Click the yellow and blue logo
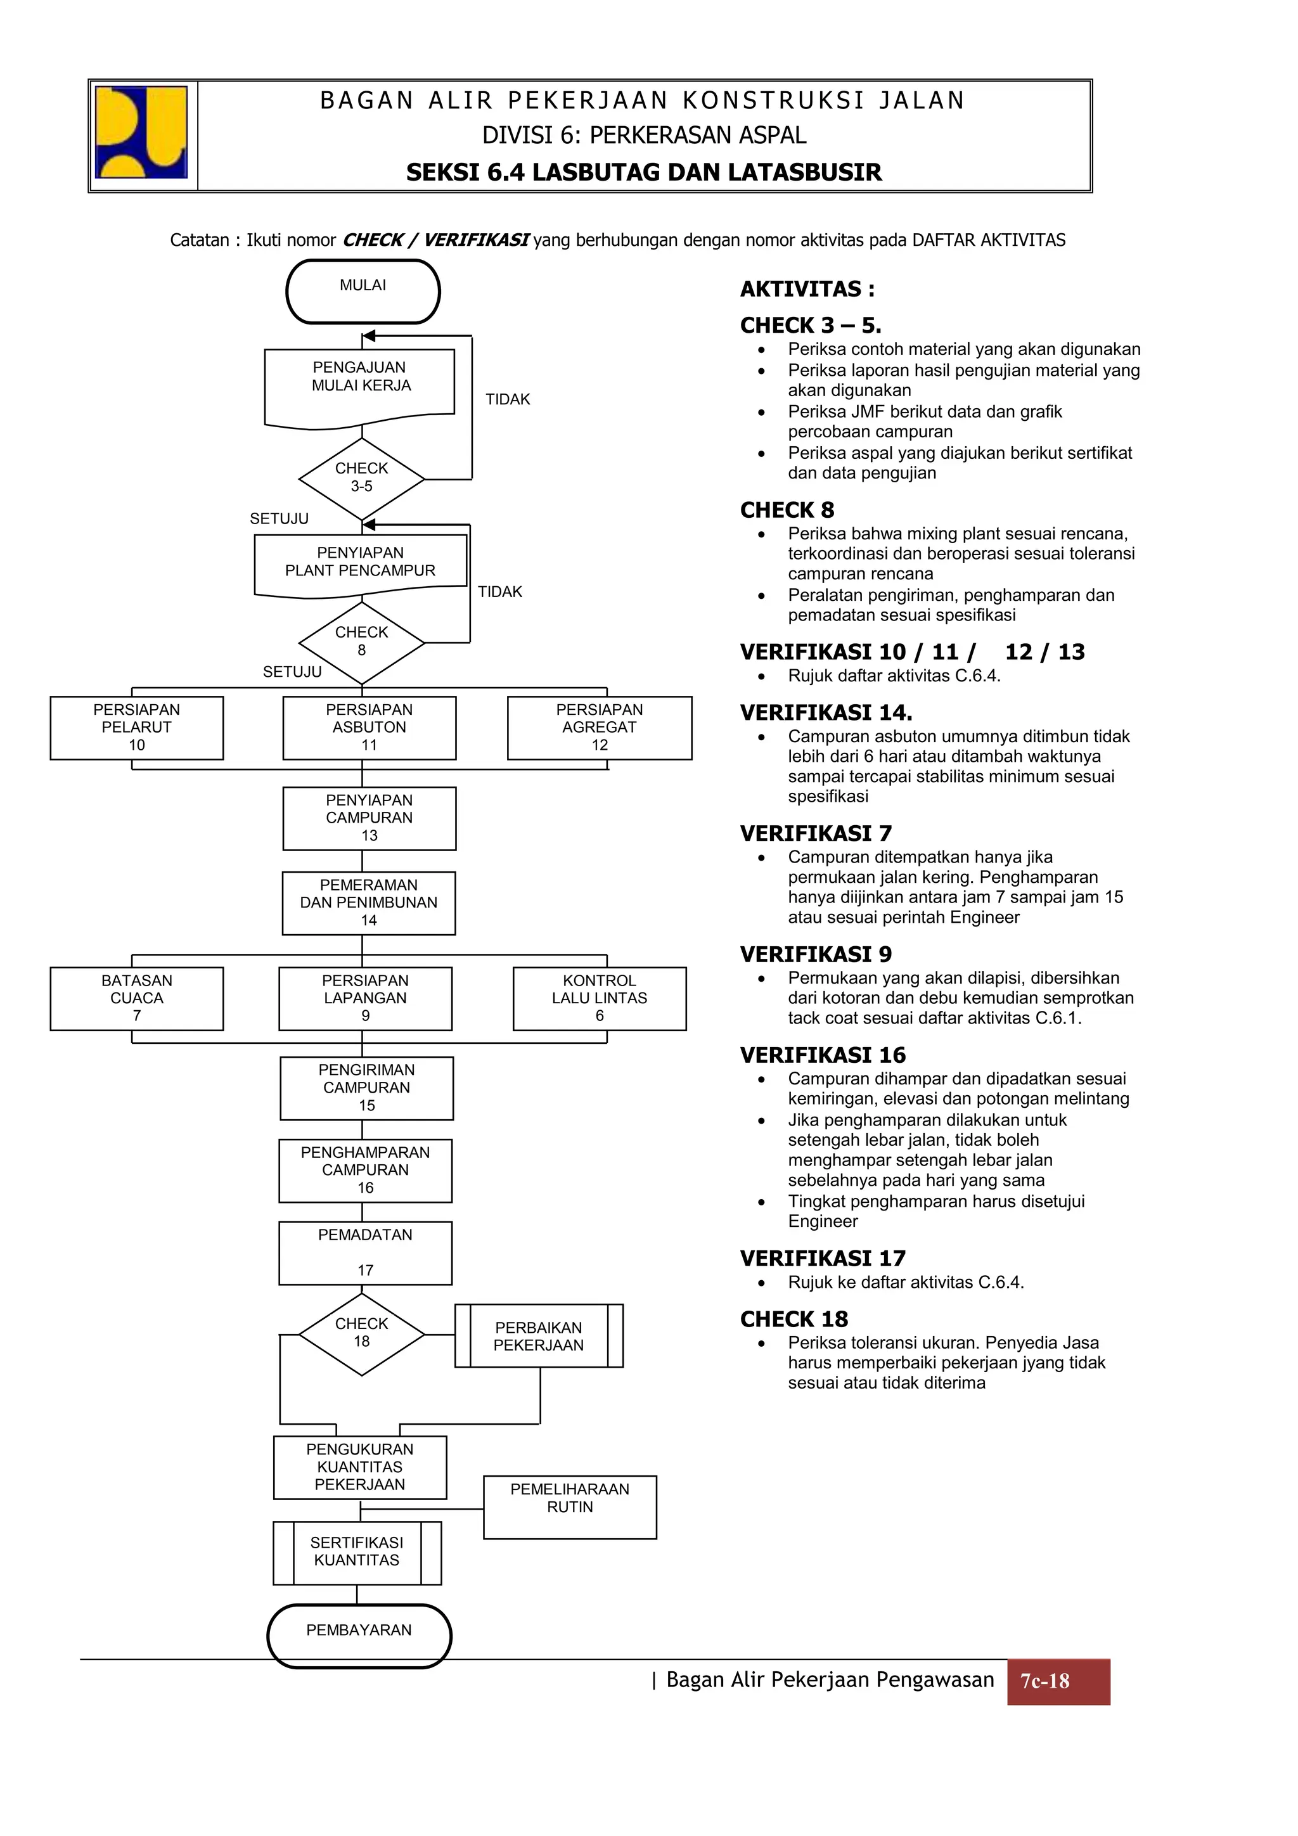[141, 132]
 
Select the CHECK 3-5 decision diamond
[361, 478]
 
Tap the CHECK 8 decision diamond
[361, 642]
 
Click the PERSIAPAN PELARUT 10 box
[137, 728]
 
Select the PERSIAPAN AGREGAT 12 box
[599, 728]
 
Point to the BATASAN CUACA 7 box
[137, 998]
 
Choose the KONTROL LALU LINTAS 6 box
[599, 998]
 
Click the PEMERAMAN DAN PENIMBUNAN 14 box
[369, 903]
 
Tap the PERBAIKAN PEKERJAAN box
[538, 1336]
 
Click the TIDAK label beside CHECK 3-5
[508, 399]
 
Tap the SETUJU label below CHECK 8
[292, 672]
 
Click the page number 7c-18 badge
[1057, 1681]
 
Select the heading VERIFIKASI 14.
[825, 712]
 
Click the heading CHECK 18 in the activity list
[794, 1319]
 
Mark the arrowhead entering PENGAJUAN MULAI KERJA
[369, 336]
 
